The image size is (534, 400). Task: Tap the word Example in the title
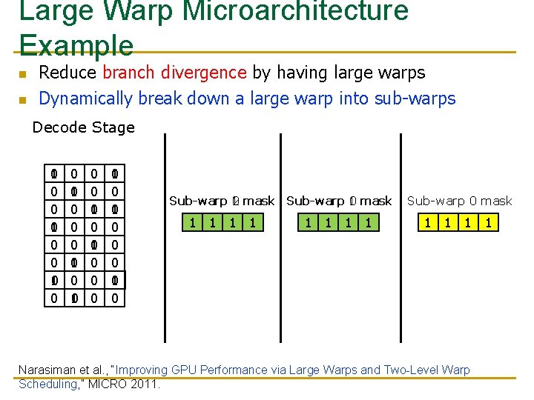coord(76,44)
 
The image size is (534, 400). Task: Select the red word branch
coord(128,73)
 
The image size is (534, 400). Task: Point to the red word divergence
coord(202,73)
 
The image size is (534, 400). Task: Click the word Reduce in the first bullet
coord(67,73)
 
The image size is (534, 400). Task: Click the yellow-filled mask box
coord(456,222)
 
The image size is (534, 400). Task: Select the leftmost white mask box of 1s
coord(222,222)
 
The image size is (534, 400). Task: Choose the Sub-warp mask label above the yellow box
coord(459,201)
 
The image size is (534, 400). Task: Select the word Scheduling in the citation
coord(47,384)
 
